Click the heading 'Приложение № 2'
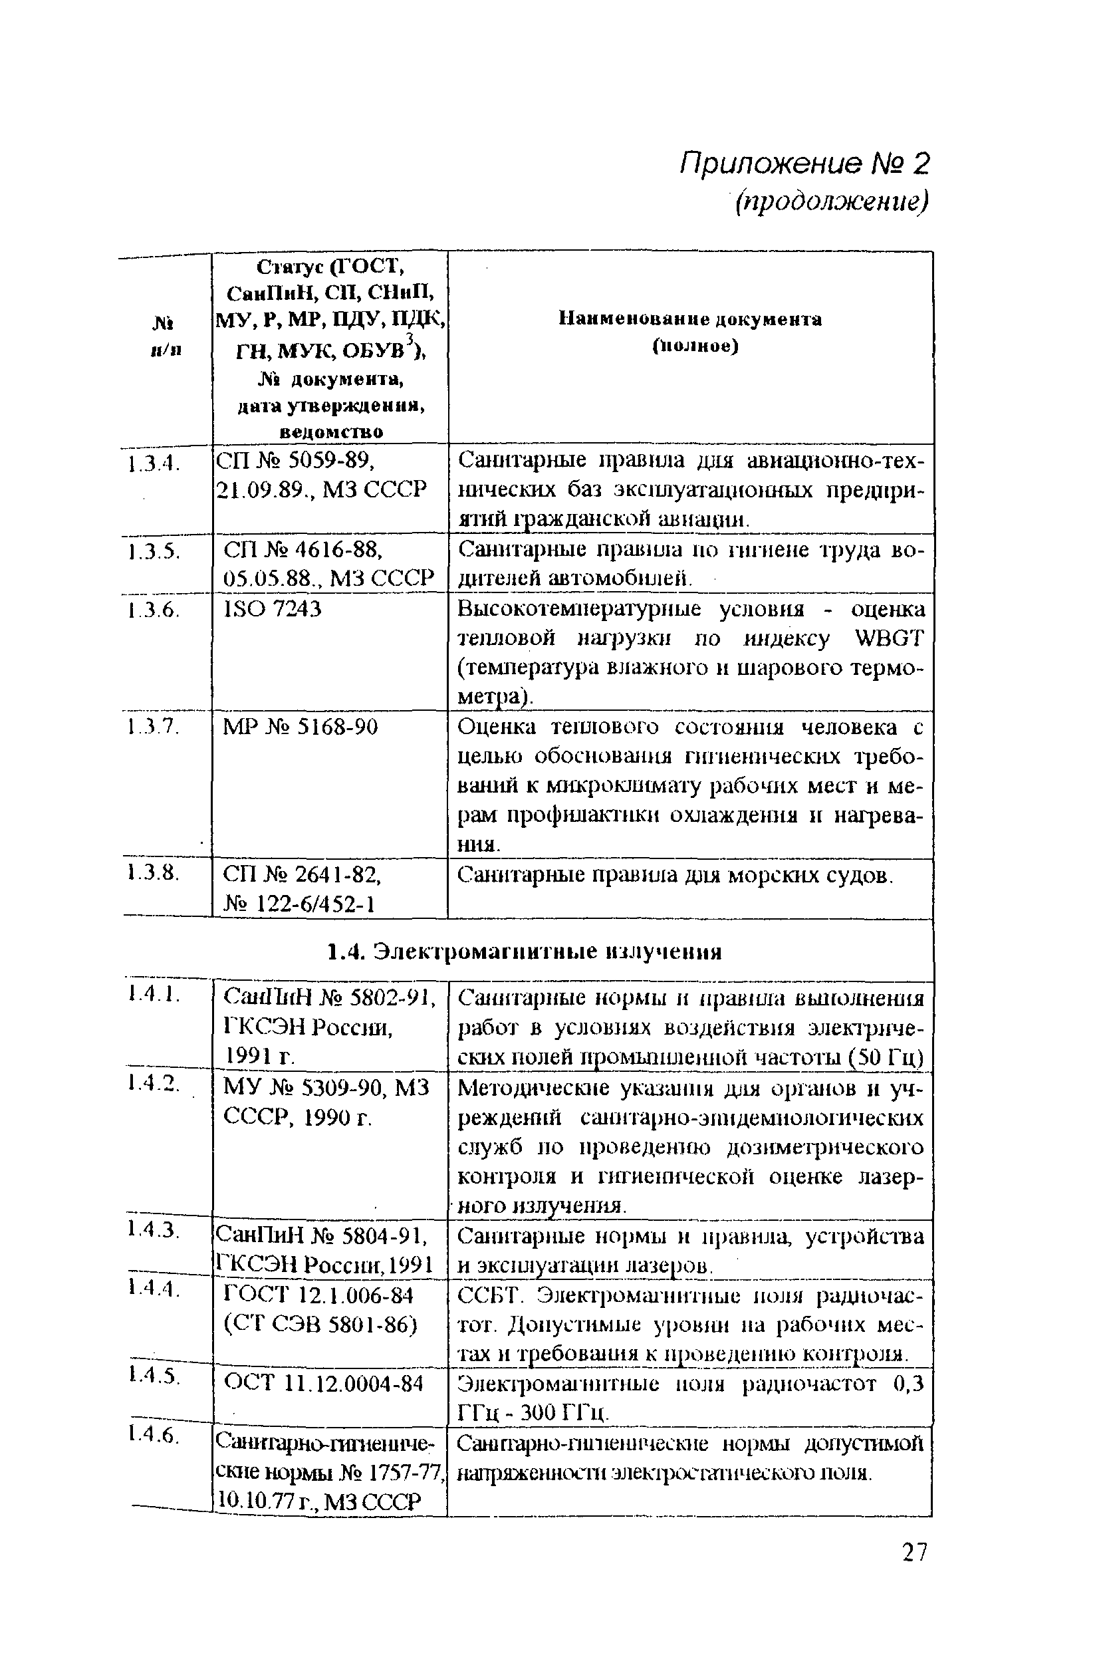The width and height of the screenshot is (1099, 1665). (x=804, y=165)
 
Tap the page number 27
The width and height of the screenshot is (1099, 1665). (x=914, y=1553)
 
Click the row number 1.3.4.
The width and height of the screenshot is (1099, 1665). (x=154, y=463)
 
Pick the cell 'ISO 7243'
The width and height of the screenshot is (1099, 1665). (x=272, y=609)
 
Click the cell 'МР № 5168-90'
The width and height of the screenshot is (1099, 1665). (x=300, y=727)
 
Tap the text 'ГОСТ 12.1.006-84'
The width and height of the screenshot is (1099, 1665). (x=318, y=1295)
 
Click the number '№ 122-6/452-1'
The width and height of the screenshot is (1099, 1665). (x=299, y=904)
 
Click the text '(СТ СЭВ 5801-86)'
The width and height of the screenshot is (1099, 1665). (x=320, y=1325)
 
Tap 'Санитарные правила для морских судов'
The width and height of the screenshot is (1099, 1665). (x=675, y=875)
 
